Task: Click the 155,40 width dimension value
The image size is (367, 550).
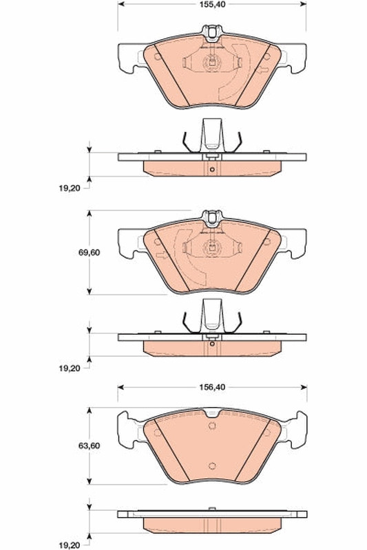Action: pos(213,4)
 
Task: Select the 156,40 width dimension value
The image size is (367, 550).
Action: pos(213,387)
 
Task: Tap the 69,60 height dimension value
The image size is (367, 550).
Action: pos(89,252)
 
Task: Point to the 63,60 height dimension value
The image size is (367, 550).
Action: pos(89,445)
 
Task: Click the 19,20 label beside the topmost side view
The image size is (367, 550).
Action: pos(69,188)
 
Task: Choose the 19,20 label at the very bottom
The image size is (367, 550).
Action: pos(69,545)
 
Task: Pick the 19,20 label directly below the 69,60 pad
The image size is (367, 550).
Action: pos(69,368)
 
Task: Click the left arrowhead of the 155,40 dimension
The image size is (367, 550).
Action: pos(120,4)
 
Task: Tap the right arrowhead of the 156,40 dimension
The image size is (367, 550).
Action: pos(304,387)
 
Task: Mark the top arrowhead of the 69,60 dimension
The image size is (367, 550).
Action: pos(90,214)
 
